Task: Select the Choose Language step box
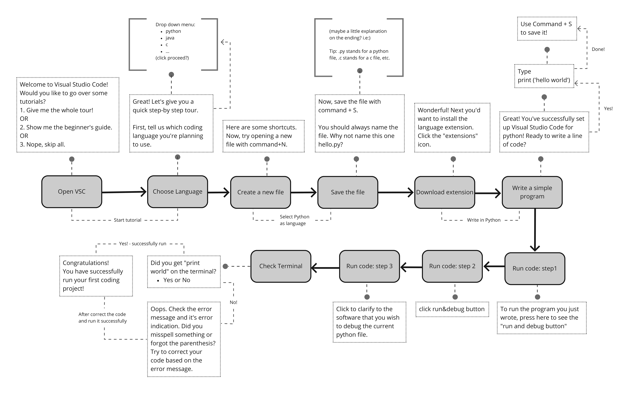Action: tap(177, 192)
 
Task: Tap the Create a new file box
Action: tap(260, 192)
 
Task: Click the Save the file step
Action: tap(347, 192)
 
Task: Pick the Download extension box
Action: tap(444, 192)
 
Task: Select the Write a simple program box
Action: tap(532, 192)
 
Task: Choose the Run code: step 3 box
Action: tap(369, 266)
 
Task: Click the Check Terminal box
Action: tap(281, 266)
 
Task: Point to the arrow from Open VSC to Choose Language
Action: tap(124, 192)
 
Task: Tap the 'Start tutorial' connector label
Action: tap(127, 220)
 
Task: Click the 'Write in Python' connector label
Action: tap(484, 220)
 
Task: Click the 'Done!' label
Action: tap(598, 49)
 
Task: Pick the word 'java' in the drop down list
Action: tap(170, 38)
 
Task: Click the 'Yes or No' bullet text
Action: tap(177, 280)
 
